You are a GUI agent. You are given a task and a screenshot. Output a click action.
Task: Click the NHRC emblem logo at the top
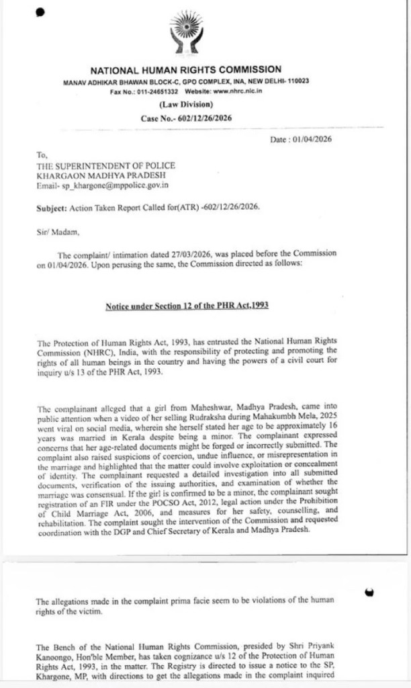(185, 32)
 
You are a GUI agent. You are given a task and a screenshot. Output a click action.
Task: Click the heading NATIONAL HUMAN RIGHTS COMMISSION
(185, 70)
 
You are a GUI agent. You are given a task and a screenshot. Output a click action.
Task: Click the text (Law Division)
(186, 104)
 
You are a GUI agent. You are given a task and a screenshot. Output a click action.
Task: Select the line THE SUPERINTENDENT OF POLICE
(106, 165)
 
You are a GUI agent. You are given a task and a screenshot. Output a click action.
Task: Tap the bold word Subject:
(52, 208)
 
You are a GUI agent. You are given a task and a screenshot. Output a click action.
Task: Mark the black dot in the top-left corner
(40, 11)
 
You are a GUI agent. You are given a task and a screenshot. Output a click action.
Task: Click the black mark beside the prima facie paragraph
(369, 592)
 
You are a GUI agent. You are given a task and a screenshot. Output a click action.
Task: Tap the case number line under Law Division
(185, 118)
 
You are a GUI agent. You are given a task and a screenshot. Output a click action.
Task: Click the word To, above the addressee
(42, 155)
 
